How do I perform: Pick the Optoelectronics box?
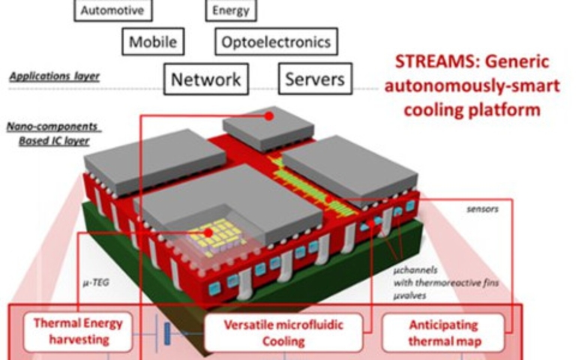tap(276, 42)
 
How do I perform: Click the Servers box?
tap(315, 79)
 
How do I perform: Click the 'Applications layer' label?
tap(55, 76)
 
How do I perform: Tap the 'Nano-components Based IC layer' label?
tap(53, 133)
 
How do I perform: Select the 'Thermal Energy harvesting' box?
tap(78, 331)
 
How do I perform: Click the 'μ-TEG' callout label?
tap(92, 284)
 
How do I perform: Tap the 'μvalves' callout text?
tap(409, 295)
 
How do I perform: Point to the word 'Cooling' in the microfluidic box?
tap(284, 341)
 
